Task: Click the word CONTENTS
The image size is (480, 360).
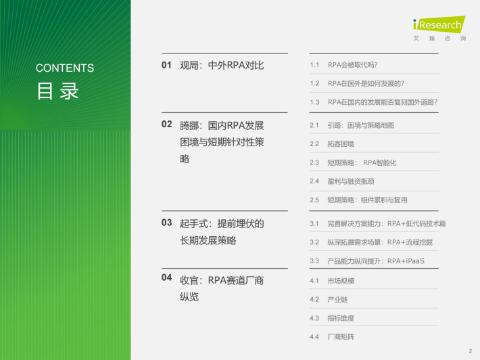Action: [65, 68]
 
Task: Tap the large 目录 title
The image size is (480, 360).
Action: [58, 91]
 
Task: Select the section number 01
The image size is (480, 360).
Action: [166, 65]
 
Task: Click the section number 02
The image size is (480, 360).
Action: [166, 124]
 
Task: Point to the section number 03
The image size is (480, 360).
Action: [166, 223]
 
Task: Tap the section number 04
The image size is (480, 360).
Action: [166, 277]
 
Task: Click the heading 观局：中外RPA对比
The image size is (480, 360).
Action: [222, 65]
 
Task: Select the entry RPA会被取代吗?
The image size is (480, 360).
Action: [353, 65]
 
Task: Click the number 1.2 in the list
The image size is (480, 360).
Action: [314, 83]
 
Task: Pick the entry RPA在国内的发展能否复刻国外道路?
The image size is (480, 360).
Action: [383, 102]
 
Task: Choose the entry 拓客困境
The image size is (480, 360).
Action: [341, 144]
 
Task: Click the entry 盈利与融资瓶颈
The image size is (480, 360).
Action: [351, 181]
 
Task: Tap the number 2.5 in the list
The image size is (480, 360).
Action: [314, 200]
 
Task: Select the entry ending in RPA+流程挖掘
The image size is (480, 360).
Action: [380, 242]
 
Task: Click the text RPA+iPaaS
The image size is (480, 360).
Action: [406, 261]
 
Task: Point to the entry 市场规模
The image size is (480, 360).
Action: [341, 281]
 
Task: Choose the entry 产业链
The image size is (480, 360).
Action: [337, 300]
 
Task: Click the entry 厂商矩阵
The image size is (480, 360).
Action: [341, 337]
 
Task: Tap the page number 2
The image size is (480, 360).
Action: [471, 351]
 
